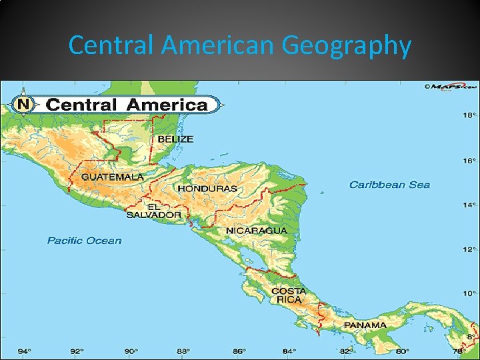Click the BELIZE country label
pos(175,139)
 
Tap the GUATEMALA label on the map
pos(112,177)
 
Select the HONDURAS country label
pos(207,189)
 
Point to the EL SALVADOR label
pos(154,211)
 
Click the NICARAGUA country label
pos(257,231)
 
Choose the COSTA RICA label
pos(289,295)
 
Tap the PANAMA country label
pos(365,325)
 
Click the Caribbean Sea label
pos(389,185)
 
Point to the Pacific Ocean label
pos(85,241)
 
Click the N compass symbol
pos(24,104)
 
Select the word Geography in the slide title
pos(346,46)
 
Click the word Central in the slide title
pos(111,46)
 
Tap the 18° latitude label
pos(470,115)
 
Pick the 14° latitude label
pos(470,205)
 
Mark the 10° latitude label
pos(470,293)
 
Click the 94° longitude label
pos(24,351)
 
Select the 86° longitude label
pos(238,351)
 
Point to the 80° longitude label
pos(402,351)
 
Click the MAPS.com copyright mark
pos(451,87)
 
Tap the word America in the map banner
pos(167,105)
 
